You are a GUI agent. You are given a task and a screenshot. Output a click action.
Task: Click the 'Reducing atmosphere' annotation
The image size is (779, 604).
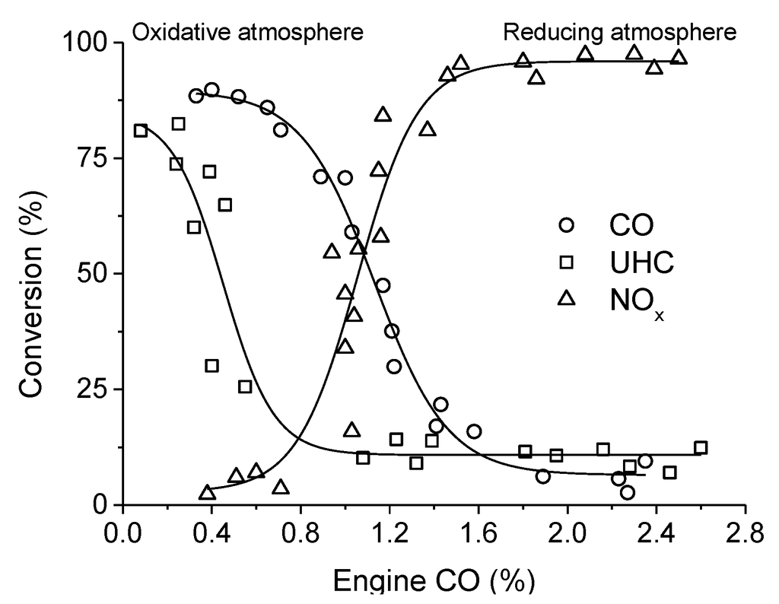620,32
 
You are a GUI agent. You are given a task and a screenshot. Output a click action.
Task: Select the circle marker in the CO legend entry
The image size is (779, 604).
566,225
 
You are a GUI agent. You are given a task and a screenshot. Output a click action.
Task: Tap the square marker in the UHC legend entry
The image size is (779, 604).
566,262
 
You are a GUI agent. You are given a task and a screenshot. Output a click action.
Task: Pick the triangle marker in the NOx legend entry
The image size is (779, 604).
566,299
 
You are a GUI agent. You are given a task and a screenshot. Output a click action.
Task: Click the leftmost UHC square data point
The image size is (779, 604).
141,131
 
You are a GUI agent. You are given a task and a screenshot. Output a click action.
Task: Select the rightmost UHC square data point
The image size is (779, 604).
701,447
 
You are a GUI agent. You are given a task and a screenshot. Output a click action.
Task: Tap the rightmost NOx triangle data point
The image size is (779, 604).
679,58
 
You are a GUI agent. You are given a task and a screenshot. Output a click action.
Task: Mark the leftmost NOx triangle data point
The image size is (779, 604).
207,493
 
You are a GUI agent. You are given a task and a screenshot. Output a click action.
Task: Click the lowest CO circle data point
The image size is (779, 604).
628,492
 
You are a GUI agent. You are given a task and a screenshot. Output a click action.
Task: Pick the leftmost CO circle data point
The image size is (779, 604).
196,95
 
